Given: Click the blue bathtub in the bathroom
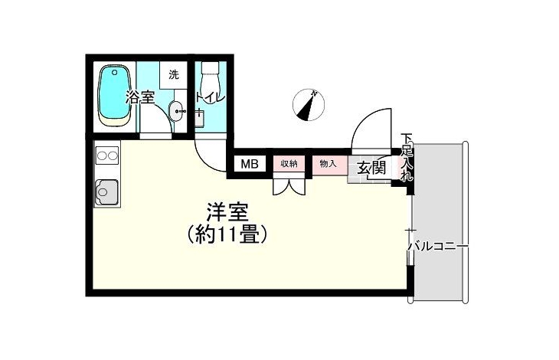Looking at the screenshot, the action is pos(114,95).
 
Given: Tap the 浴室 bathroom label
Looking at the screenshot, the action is pos(139,97).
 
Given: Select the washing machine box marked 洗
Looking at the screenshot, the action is pos(174,75).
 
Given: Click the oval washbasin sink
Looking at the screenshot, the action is pos(176,111).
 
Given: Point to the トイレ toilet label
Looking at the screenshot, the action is pos(211,97).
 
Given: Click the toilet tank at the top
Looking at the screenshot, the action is pos(211,67).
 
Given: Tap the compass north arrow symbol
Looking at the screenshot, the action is pos(309,106).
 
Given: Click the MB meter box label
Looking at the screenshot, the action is pos(250,164).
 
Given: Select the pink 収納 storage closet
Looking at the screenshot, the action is pos(289,165).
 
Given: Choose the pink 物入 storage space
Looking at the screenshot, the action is pos(329,165).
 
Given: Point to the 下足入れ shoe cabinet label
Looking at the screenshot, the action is pos(406,157).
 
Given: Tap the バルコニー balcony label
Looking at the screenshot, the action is pos(438,247).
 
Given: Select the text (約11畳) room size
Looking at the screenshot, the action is pos(227,234).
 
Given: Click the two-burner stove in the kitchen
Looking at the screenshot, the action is pos(107,155).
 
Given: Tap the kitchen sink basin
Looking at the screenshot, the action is pos(106,192).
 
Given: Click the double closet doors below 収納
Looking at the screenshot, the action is pos(289,185).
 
